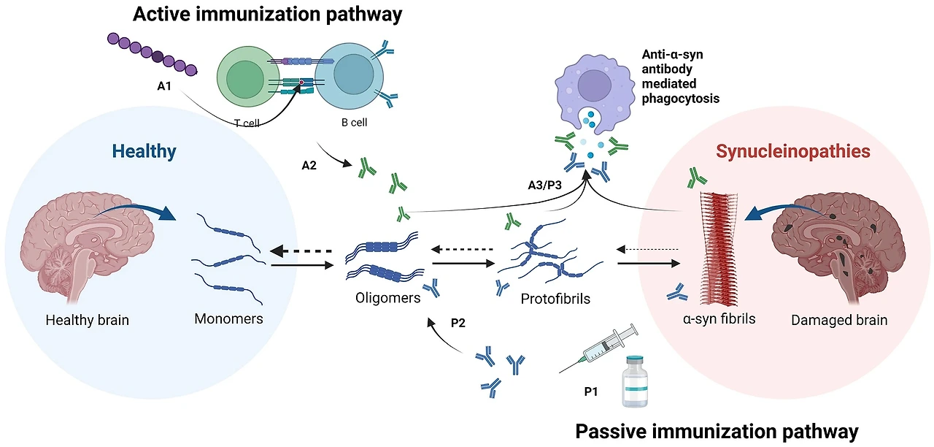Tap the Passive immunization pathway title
click(717, 430)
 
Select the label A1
click(164, 86)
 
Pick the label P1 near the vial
click(591, 391)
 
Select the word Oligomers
click(388, 298)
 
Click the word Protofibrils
click(555, 299)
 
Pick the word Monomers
click(228, 319)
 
